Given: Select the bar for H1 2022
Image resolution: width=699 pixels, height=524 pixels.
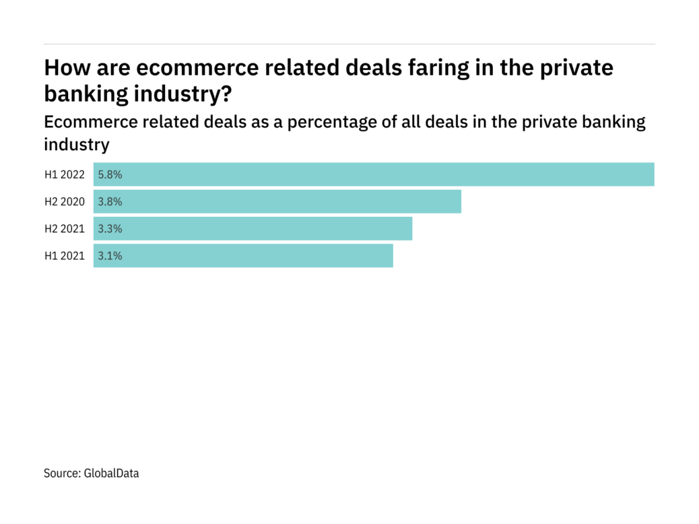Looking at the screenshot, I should (x=374, y=174).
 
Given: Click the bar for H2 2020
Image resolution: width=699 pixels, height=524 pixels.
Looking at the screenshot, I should (x=277, y=201).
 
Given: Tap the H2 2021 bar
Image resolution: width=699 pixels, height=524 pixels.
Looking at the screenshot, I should (x=253, y=228).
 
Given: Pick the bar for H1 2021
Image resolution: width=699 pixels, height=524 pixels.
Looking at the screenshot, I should (x=243, y=256).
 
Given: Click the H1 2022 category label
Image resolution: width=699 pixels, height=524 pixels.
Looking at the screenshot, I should (x=65, y=174).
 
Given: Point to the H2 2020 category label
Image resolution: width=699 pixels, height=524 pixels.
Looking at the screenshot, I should (x=65, y=201).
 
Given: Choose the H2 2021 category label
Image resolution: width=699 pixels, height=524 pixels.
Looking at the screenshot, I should (x=65, y=228).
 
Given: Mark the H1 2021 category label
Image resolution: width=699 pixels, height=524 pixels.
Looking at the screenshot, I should (x=65, y=256).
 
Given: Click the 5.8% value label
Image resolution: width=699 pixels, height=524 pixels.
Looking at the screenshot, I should (x=110, y=174).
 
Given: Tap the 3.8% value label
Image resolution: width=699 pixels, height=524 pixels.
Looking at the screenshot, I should (x=110, y=201).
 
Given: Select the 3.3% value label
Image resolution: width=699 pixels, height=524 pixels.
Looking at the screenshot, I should (x=110, y=228).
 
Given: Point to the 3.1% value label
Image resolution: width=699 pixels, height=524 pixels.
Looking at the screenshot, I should (x=110, y=256).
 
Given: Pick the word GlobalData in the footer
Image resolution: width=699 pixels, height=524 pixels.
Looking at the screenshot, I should (x=111, y=473).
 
